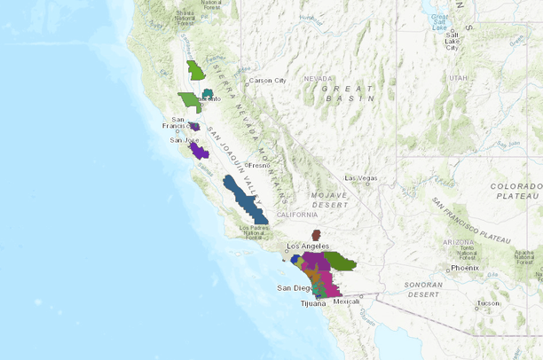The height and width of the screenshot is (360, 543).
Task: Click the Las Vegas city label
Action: [362, 177]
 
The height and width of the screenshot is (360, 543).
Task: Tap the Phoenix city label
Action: [464, 267]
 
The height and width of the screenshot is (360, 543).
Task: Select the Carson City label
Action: [266, 81]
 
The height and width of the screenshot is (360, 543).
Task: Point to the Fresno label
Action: [259, 165]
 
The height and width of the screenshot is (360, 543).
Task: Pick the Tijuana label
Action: [313, 303]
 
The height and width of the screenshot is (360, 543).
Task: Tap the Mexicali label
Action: [348, 301]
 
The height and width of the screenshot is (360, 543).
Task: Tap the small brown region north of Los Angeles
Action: [316, 235]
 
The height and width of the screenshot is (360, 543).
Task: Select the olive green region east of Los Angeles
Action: [339, 261]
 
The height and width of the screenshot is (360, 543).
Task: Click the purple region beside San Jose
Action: [199, 151]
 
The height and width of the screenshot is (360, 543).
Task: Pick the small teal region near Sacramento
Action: [208, 93]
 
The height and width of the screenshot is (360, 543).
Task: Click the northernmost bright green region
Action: [196, 70]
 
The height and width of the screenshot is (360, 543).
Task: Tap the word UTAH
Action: [458, 78]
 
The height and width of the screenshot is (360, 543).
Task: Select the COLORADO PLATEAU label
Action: [515, 192]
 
